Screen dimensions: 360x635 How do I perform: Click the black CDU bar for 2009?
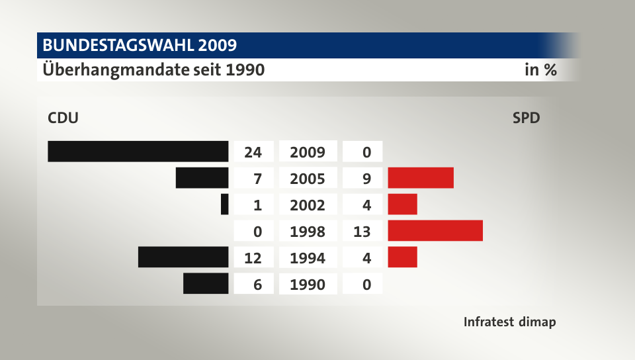pos(138,152)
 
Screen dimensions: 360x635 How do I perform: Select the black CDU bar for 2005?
pos(202,178)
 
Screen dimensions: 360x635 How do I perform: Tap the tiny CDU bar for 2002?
pos(225,204)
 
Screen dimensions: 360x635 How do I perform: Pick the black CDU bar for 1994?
pos(183,257)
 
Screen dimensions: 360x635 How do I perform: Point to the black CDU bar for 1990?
pos(206,283)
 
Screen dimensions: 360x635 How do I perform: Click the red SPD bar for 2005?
pos(421,178)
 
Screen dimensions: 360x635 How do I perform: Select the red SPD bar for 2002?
pos(403,204)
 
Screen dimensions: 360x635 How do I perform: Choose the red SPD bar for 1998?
pos(435,231)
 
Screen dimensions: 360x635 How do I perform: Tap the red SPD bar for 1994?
pos(403,257)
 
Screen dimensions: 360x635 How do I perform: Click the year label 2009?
pos(308,152)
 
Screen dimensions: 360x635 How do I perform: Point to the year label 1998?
pos(308,232)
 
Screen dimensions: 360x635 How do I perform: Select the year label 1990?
pos(308,285)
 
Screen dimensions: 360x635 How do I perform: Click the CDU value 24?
pos(253,152)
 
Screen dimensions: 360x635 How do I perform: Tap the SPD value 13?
pos(362,232)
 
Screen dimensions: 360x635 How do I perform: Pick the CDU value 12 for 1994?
pos(253,258)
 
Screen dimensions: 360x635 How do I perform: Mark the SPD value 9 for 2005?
pos(367,179)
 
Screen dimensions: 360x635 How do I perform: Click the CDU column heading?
pos(63,118)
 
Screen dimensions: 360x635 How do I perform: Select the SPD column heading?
pos(526,118)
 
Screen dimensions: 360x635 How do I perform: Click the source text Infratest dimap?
pos(509,322)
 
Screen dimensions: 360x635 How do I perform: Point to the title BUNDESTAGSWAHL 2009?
pos(140,46)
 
